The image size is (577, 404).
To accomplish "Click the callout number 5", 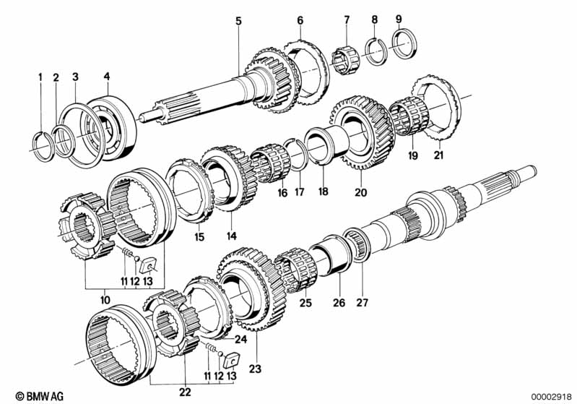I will tap(238, 20).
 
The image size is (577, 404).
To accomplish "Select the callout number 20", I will tap(361, 192).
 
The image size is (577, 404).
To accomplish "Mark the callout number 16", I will tap(282, 193).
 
